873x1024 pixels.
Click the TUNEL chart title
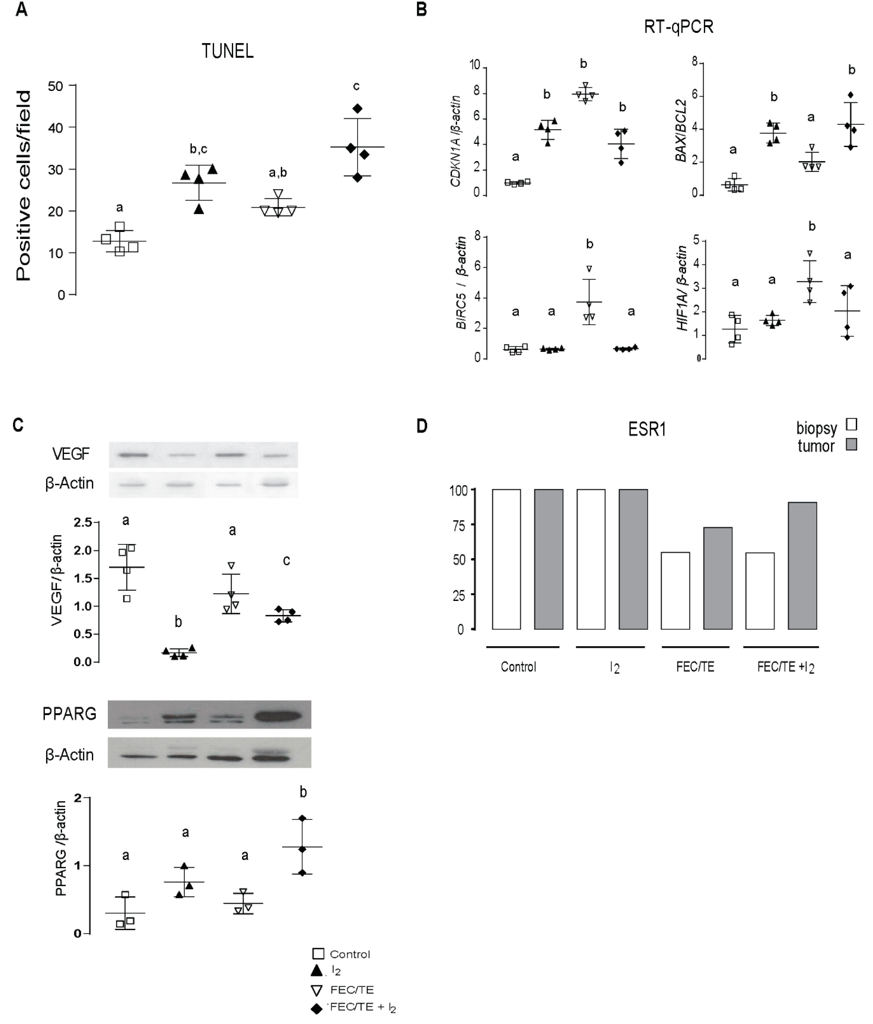[x=227, y=51]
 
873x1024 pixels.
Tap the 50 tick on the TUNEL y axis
[x=56, y=86]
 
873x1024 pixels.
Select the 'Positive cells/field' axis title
[x=23, y=186]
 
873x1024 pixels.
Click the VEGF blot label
[x=71, y=454]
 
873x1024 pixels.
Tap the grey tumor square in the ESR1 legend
[x=851, y=445]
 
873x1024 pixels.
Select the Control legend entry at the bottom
[x=341, y=954]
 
